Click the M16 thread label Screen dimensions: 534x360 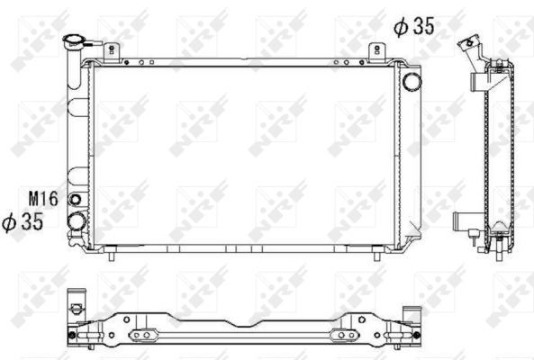coord(43,199)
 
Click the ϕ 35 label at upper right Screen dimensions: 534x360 coord(414,26)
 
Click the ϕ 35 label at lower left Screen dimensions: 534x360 coord(23,222)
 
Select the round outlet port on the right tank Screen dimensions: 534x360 coord(412,81)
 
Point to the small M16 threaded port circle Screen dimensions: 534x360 coord(75,200)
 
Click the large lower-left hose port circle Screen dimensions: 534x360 coord(77,221)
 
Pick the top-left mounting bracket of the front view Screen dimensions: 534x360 coord(112,52)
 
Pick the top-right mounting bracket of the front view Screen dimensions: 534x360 coord(377,52)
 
